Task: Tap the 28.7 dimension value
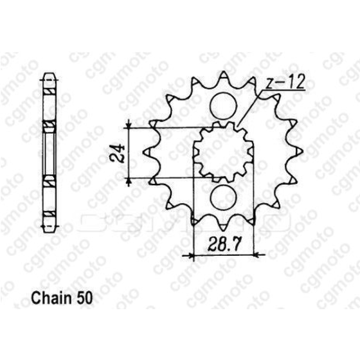click(225, 243)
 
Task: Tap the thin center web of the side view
click(48, 152)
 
